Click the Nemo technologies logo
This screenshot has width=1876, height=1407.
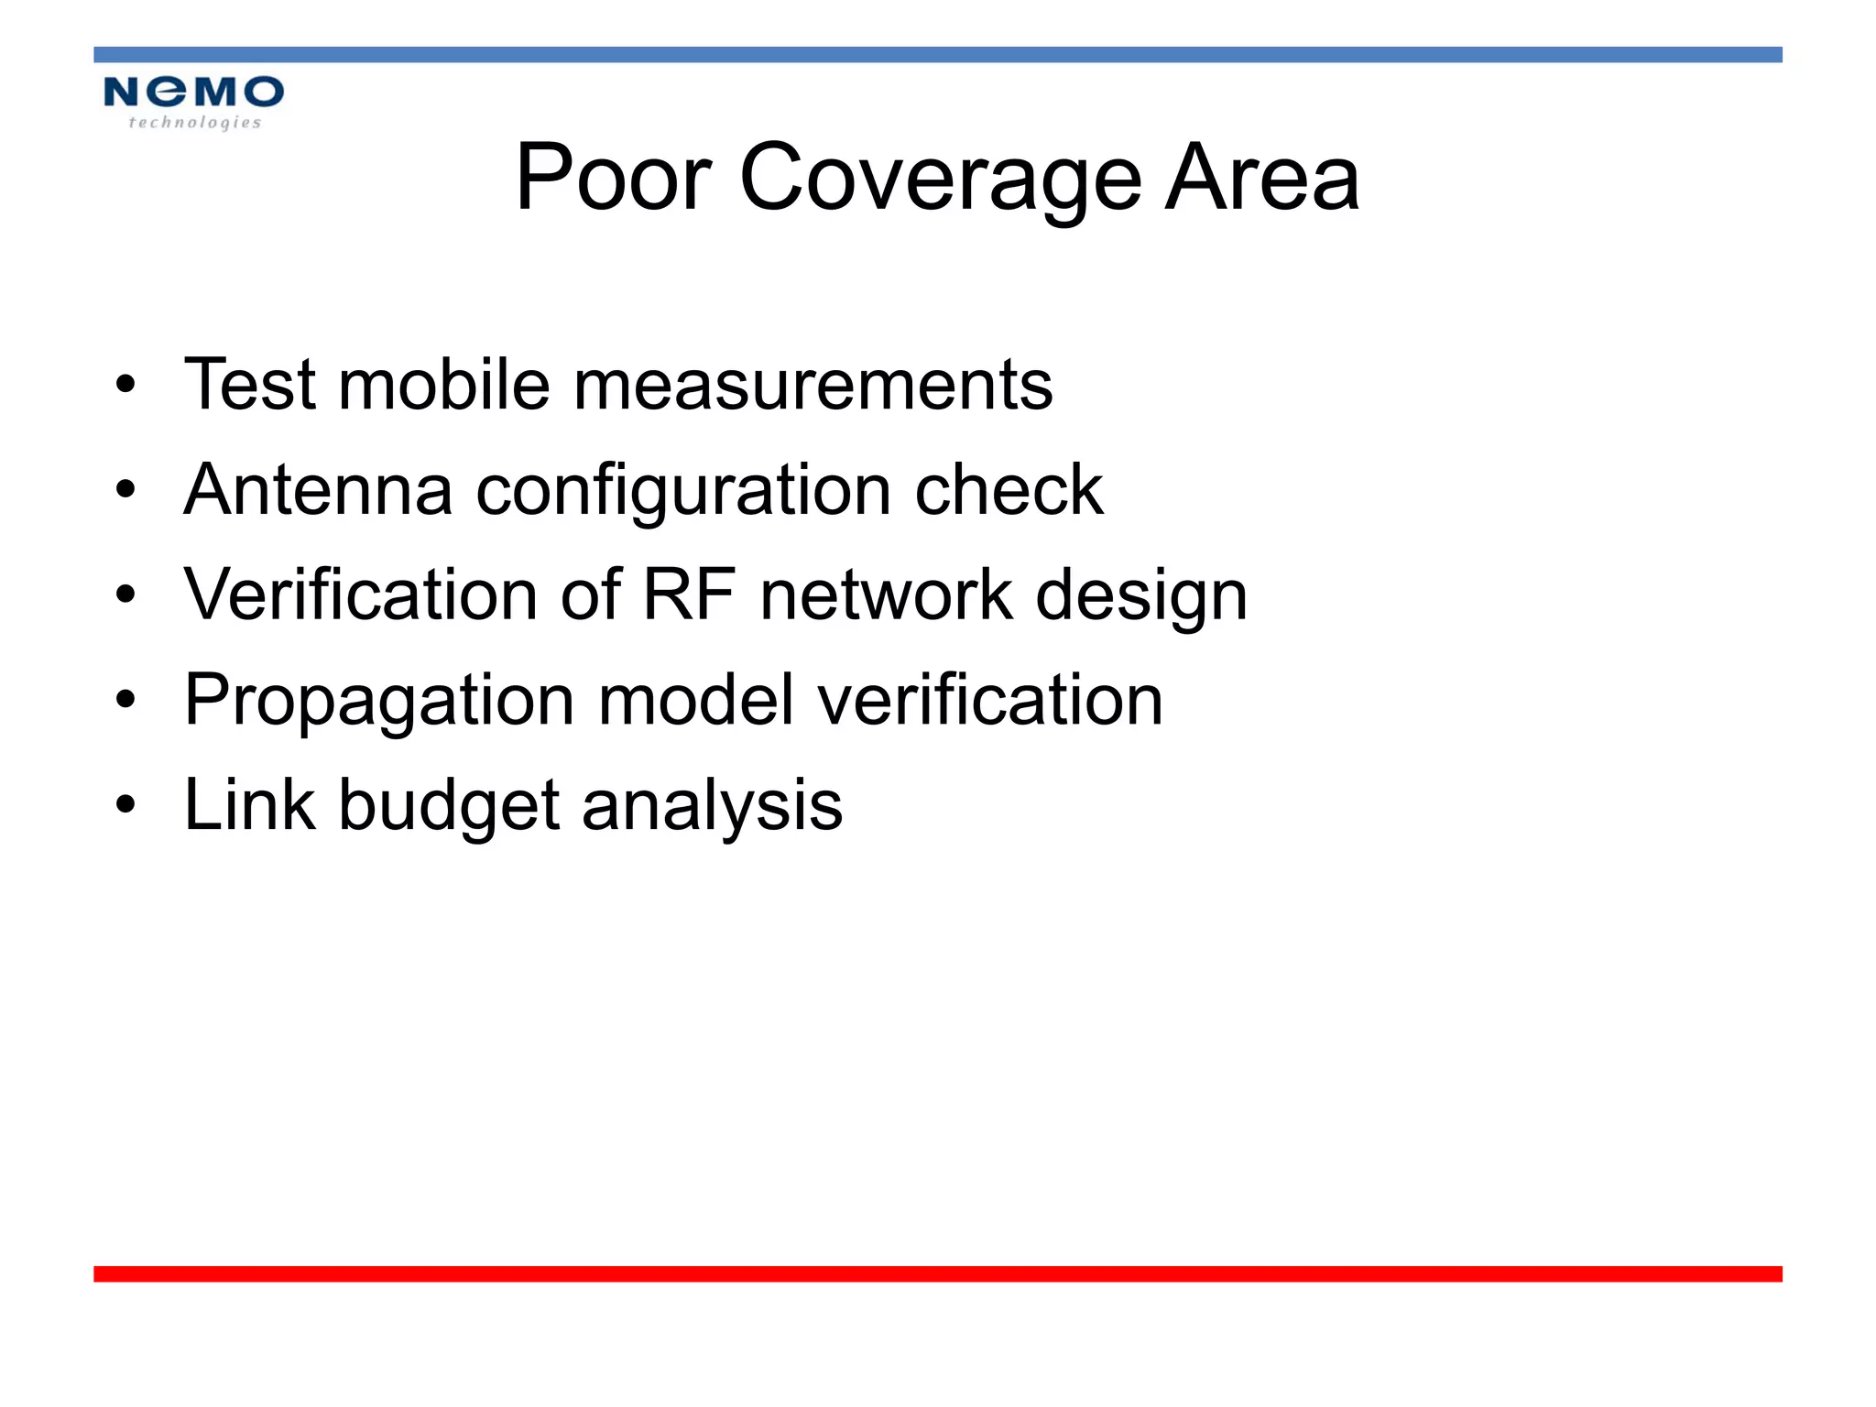pyautogui.click(x=193, y=102)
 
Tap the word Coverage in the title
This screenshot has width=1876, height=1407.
pyautogui.click(x=940, y=179)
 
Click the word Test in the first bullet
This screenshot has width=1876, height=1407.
pyautogui.click(x=250, y=385)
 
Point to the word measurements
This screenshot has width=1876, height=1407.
pyautogui.click(x=813, y=385)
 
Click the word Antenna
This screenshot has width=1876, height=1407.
pyautogui.click(x=318, y=490)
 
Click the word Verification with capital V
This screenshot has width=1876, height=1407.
pyautogui.click(x=360, y=595)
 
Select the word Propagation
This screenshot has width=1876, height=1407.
pyautogui.click(x=379, y=702)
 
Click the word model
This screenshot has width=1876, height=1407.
pyautogui.click(x=695, y=701)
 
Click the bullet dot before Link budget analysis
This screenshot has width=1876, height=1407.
pyautogui.click(x=125, y=805)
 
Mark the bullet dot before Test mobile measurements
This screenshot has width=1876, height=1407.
pyautogui.click(x=125, y=385)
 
